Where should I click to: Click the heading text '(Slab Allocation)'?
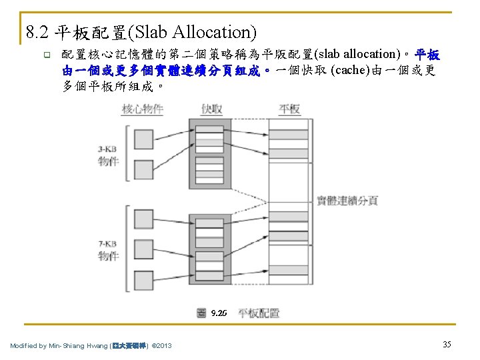pos(195,31)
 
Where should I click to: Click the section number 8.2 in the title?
pos(37,31)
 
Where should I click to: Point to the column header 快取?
pos(212,109)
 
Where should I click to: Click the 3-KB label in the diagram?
pos(109,150)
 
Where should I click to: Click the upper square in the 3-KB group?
pos(144,139)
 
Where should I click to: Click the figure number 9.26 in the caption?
pos(219,313)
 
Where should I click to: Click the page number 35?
pos(447,344)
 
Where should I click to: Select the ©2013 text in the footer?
pos(162,345)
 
